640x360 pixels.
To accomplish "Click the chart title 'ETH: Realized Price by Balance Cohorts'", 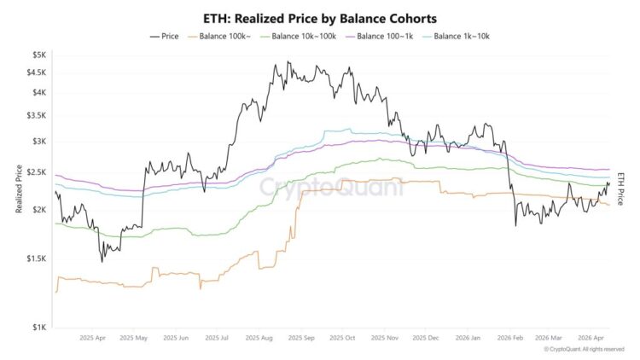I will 319,17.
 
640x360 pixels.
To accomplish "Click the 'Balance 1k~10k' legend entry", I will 461,36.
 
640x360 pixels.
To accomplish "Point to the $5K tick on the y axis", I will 38,55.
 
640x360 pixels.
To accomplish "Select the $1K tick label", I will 38,327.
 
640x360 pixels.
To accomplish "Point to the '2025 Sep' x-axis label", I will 302,338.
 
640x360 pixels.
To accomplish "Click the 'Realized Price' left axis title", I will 18,190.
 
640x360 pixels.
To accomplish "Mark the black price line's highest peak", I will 288,62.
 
